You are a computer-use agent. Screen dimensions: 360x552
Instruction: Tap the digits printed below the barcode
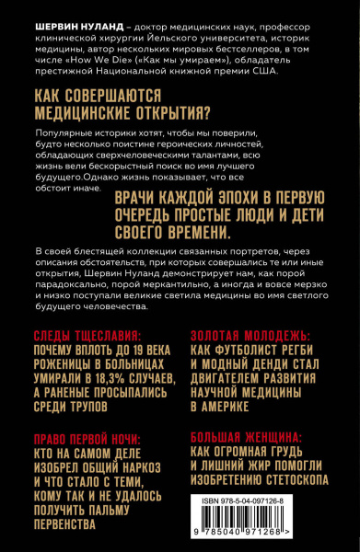[257, 543]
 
